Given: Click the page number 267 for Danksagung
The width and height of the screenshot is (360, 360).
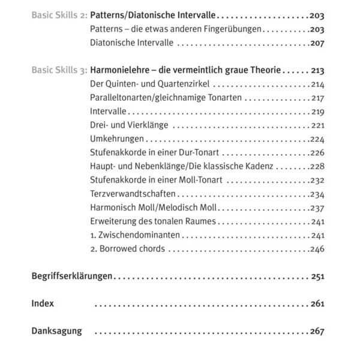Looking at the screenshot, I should pyautogui.click(x=317, y=331).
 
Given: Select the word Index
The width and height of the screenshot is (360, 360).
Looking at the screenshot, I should pyautogui.click(x=43, y=304).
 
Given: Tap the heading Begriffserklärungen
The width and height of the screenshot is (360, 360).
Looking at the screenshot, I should pyautogui.click(x=72, y=277).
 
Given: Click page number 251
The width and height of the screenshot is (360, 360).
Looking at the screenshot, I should pyautogui.click(x=317, y=277).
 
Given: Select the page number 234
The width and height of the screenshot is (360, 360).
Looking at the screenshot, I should pyautogui.click(x=317, y=194).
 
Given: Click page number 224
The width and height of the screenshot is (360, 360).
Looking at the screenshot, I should pyautogui.click(x=317, y=139).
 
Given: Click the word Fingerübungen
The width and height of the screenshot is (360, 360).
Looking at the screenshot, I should pyautogui.click(x=231, y=29).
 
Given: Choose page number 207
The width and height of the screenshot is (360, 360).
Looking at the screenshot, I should pyautogui.click(x=317, y=43).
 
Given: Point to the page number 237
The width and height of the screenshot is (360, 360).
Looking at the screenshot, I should pyautogui.click(x=317, y=208).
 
